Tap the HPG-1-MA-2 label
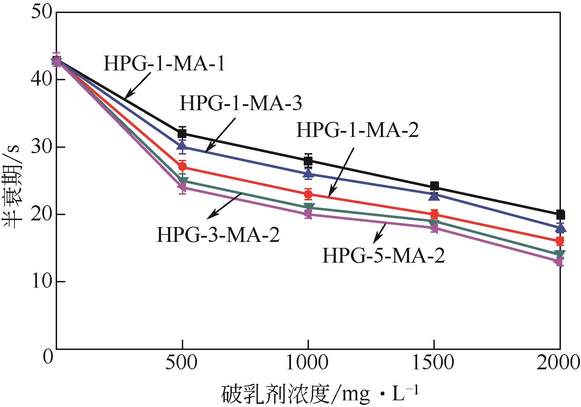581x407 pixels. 357,130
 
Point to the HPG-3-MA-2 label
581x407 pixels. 218,235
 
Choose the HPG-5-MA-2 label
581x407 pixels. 383,256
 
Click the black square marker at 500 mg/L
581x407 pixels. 182,134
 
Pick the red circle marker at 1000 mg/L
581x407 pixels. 308,194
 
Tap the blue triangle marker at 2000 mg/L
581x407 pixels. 560,228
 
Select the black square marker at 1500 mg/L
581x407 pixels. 434,186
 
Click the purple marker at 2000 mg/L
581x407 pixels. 560,262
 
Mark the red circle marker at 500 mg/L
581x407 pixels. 182,167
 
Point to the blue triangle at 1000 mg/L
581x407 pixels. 308,174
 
